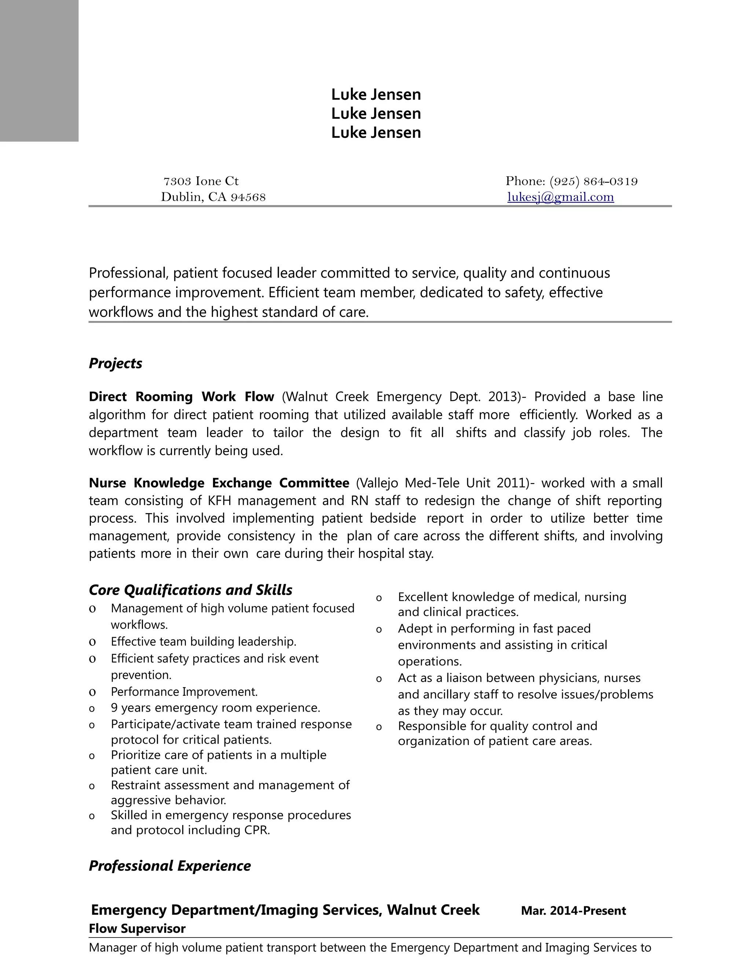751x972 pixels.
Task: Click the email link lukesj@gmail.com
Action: tap(561, 197)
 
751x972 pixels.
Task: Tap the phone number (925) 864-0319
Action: tap(594, 182)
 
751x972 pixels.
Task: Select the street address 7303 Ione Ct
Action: tap(201, 182)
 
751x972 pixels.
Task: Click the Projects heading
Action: tap(115, 363)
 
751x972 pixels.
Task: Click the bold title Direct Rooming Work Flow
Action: tap(181, 397)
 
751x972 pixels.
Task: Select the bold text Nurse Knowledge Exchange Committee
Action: tap(219, 483)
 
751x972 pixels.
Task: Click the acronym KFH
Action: tap(219, 501)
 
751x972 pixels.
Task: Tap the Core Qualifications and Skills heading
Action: tap(190, 590)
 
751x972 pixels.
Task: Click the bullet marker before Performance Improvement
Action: tap(92, 692)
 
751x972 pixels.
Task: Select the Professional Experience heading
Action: tap(169, 866)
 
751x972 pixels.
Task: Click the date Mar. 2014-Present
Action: tap(573, 911)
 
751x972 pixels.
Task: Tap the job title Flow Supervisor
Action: tap(137, 929)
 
